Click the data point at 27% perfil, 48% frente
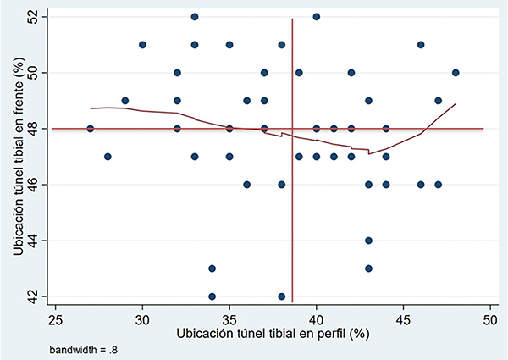[91, 129]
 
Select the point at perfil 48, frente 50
[456, 73]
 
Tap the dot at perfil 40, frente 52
[317, 17]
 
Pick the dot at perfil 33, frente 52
[195, 17]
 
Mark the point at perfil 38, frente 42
[282, 296]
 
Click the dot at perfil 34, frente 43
[212, 269]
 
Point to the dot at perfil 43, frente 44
[368, 241]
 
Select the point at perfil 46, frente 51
[421, 45]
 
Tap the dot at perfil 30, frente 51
[142, 45]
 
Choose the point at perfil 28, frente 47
[108, 157]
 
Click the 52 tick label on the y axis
[33, 17]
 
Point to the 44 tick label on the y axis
[33, 241]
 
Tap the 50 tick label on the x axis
[490, 320]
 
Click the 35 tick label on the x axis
[229, 320]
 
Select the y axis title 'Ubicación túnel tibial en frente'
[14, 157]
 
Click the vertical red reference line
[292, 212]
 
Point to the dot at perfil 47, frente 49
[439, 101]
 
